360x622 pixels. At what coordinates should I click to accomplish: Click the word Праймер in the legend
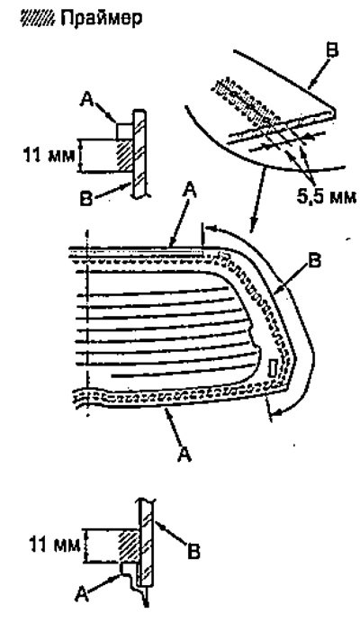pos(101,18)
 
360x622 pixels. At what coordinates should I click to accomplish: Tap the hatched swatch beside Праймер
pos(39,18)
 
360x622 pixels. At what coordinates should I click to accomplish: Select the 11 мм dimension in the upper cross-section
pos(49,155)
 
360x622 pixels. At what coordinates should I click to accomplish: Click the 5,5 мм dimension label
pos(326,195)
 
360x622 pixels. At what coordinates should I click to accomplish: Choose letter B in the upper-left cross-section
pos(87,197)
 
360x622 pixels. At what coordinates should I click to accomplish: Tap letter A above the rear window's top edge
pos(190,194)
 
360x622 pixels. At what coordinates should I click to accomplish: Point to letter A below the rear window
pos(184,454)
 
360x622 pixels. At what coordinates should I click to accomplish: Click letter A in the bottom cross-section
pos(81,595)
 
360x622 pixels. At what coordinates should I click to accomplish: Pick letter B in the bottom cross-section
pos(194,552)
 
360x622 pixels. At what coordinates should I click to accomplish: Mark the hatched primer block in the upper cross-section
pos(124,156)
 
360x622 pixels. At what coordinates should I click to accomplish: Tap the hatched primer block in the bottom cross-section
pos(128,545)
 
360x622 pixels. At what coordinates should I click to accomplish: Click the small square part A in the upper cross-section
pos(124,131)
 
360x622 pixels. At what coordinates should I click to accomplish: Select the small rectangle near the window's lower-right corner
pos(273,367)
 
